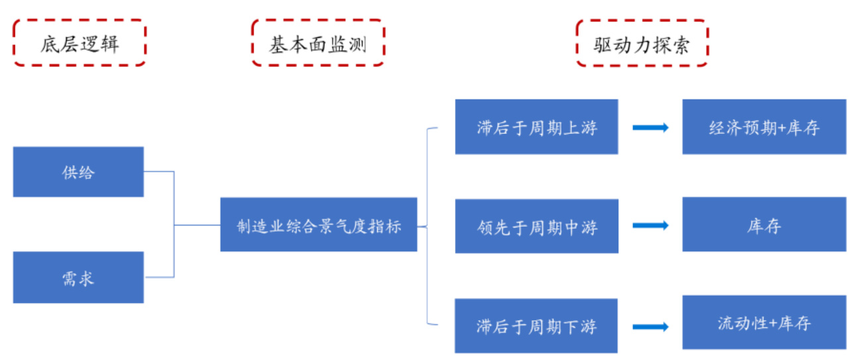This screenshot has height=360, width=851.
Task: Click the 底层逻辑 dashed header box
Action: pos(80,43)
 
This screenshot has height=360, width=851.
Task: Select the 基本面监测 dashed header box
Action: pos(317,43)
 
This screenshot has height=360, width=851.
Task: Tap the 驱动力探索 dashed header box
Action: pos(642,43)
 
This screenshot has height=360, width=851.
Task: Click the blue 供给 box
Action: pos(78,172)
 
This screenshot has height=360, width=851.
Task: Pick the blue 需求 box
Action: pos(78,277)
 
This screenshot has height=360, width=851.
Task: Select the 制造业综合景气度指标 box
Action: pos(319,225)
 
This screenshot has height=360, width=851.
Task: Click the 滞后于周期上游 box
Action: pos(536,127)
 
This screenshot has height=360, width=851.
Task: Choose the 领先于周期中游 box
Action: pos(536,226)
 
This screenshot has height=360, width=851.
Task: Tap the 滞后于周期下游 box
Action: pos(536,326)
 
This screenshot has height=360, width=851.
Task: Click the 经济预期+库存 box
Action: pos(764,127)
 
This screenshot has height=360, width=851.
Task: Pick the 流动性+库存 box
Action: pos(764,323)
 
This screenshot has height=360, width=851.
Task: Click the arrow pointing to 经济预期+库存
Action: pos(650,127)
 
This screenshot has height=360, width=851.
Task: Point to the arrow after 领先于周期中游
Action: pos(650,226)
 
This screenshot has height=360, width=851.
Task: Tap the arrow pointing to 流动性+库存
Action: pos(650,326)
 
